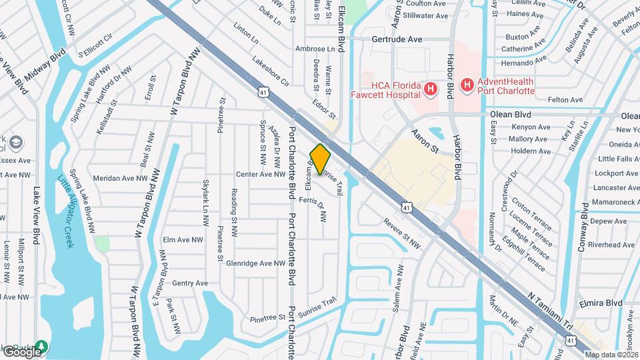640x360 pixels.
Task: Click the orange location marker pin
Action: coord(321,159)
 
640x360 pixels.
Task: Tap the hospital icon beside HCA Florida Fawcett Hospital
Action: coord(431,88)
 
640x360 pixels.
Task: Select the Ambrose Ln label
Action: coord(315,49)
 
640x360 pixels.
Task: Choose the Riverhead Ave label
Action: coord(612,245)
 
